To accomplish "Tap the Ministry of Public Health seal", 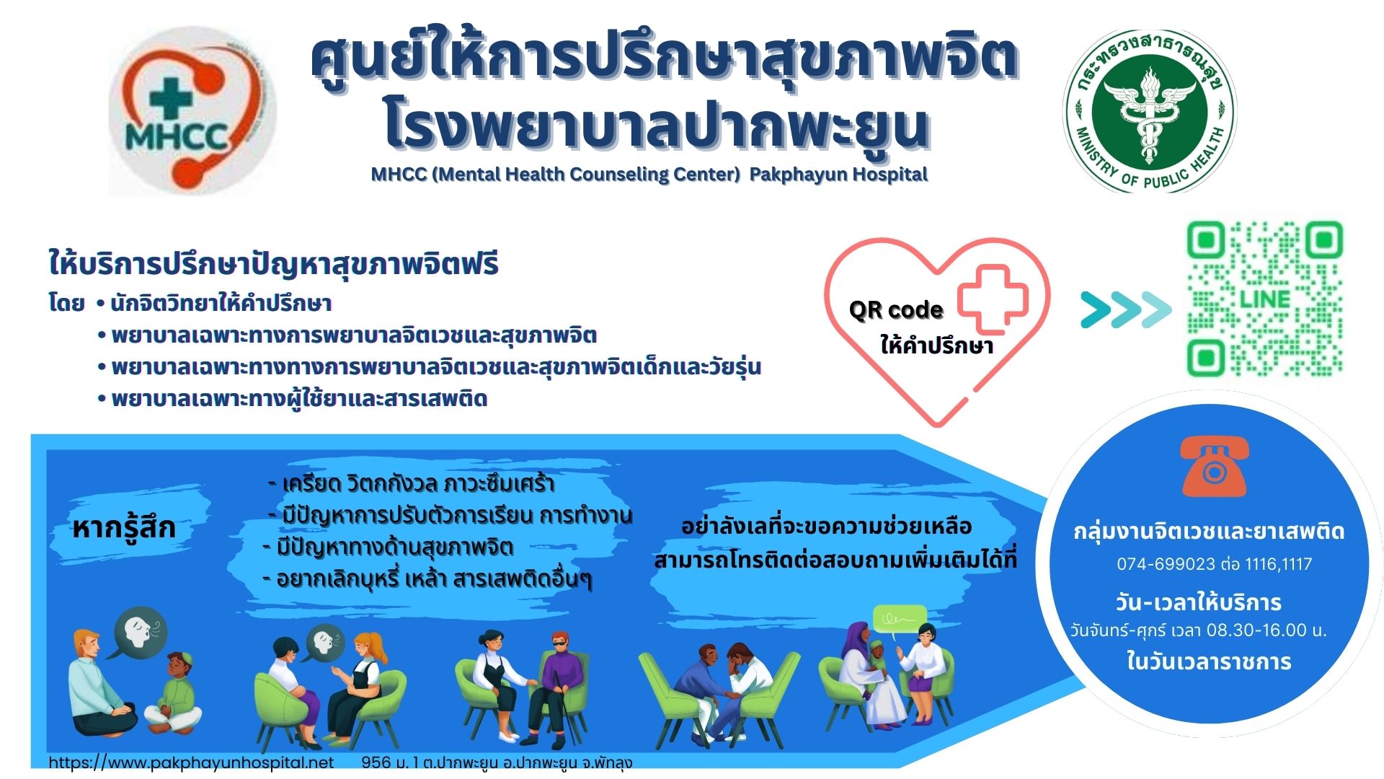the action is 1150,111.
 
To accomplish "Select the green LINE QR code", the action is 1265,299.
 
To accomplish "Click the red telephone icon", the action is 1215,467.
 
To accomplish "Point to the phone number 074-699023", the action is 1166,564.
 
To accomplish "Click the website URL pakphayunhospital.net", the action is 191,762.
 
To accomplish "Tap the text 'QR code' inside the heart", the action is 896,310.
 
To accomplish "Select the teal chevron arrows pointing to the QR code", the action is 1126,310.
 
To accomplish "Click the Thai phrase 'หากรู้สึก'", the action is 124,528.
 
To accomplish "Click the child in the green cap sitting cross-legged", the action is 174,693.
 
